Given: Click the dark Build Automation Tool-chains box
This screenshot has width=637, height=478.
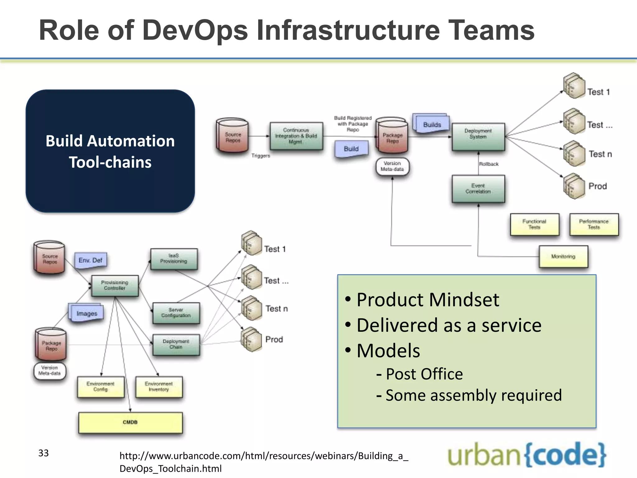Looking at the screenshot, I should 110,151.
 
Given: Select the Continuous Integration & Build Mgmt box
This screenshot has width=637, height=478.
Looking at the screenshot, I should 296,136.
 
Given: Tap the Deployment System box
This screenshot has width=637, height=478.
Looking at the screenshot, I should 478,137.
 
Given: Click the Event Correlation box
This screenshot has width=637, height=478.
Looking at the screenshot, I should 478,189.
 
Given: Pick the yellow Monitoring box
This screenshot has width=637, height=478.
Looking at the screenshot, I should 563,256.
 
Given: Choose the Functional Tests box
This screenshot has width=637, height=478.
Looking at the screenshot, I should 534,224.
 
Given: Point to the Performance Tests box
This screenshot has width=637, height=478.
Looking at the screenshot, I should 594,224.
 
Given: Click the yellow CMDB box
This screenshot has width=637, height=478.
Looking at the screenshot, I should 130,422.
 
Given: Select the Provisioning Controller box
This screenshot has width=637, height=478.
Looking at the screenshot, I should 115,285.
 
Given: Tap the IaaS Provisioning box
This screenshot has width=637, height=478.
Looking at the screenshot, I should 174,259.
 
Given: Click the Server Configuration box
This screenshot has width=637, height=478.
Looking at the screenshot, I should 176,313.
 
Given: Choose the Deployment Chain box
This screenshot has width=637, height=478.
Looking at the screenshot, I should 176,344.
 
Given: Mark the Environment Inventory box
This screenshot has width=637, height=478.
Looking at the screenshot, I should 159,387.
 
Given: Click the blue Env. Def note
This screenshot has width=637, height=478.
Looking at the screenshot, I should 91,260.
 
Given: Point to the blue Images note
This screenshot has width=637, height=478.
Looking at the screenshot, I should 86,313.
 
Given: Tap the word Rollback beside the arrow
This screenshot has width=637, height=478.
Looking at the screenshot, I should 489,164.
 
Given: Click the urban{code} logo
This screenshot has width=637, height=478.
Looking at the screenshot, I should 527,455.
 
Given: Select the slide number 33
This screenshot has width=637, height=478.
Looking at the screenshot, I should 44,453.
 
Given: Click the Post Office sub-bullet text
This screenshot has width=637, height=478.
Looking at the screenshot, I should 424,374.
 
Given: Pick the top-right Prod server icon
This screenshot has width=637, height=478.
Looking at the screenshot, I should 574,186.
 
